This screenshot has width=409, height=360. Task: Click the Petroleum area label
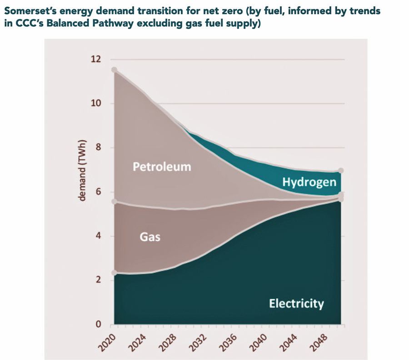[162, 167]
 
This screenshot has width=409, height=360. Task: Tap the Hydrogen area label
[309, 183]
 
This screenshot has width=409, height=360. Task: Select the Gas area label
[150, 237]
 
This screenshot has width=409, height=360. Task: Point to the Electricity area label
[296, 303]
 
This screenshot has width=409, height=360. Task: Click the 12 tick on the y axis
[96, 60]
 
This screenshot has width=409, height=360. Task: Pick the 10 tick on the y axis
[96, 104]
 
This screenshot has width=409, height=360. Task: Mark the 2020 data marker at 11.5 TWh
[115, 70]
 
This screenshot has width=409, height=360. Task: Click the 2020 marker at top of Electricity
[115, 273]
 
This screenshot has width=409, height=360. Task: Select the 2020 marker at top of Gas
[115, 201]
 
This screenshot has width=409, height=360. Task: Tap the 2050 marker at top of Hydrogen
[341, 171]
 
